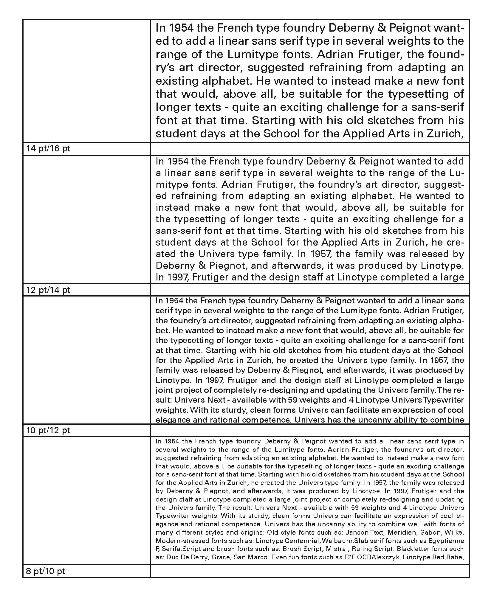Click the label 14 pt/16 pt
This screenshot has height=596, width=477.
[x=48, y=148]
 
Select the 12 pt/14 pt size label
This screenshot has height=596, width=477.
[x=48, y=290]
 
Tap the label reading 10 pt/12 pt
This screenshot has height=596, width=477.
[x=48, y=430]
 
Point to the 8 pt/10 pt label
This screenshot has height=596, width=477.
[x=46, y=571]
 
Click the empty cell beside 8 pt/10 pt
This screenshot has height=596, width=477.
[x=309, y=571]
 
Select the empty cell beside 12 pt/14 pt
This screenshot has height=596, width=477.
[x=309, y=290]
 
